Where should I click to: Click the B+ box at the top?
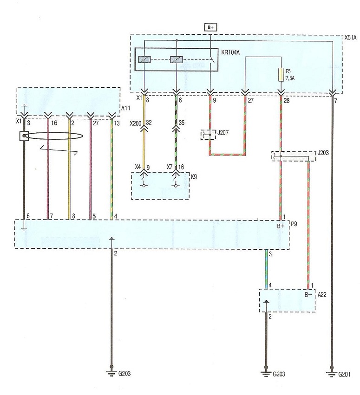coord(210,27)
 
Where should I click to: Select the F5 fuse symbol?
coord(281,74)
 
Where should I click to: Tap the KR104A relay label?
coord(230,52)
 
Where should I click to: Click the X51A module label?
coord(351,38)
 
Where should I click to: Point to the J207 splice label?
coord(223,132)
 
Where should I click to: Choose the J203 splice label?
coord(323,153)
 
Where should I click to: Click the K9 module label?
coord(194,177)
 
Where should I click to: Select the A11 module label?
coord(126,108)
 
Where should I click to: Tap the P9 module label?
coord(294,224)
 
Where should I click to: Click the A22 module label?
coord(322,294)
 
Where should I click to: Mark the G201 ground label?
coord(344,374)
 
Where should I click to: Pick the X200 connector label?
coord(135,123)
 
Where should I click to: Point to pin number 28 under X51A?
coord(287,101)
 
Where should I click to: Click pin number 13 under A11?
coord(117,123)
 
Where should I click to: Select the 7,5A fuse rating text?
coord(290,78)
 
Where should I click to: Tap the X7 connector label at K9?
coord(170,167)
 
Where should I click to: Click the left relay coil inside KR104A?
coord(144,59)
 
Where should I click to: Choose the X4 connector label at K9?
coord(137,167)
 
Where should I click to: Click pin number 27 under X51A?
coord(250,101)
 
